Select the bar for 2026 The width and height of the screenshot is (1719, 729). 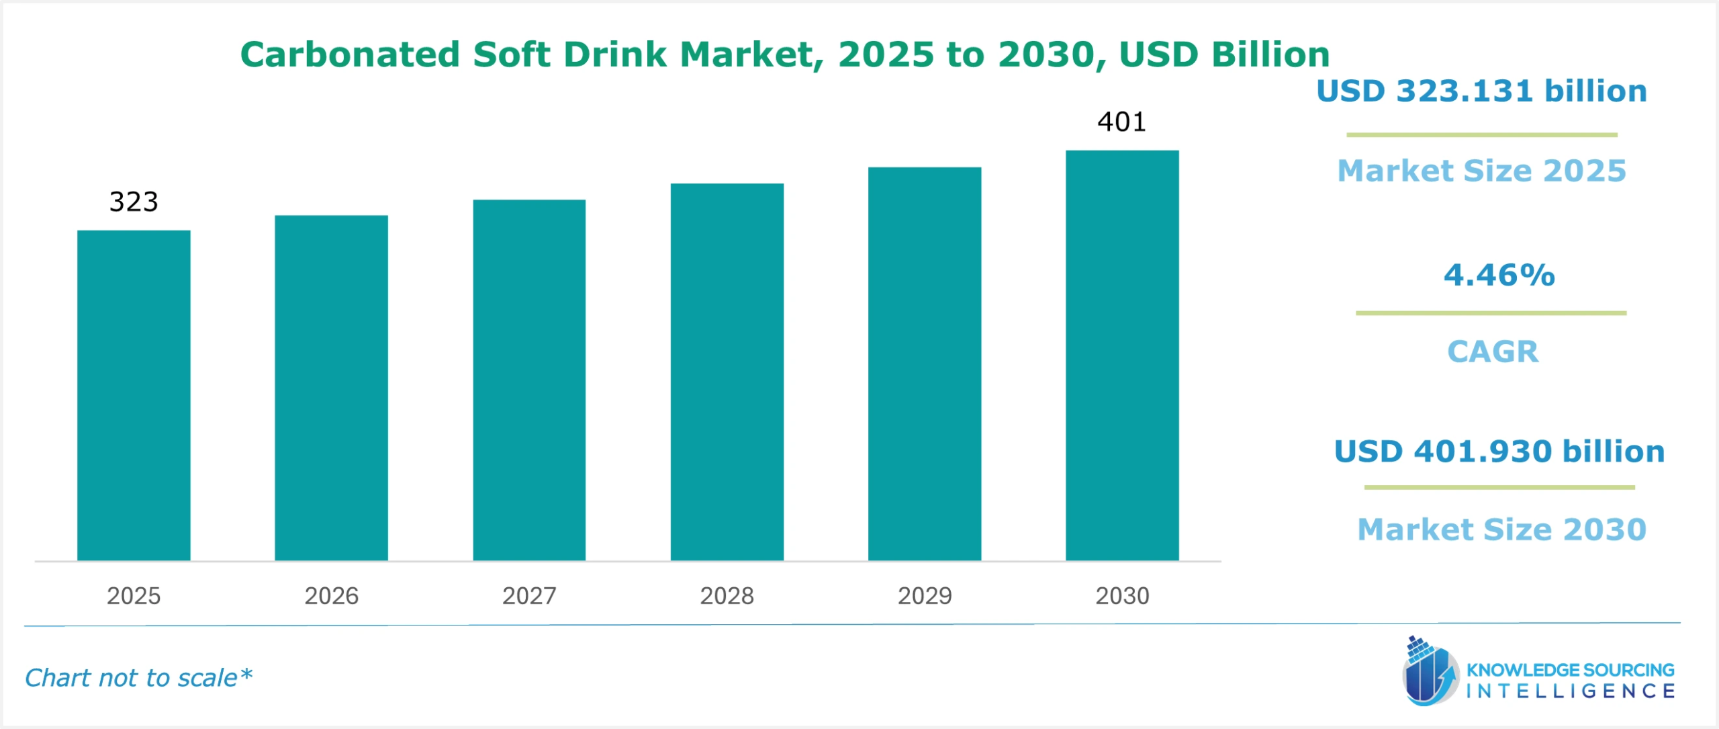[x=331, y=388]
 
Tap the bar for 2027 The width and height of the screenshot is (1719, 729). [x=529, y=380]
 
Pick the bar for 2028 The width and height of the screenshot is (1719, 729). [x=727, y=372]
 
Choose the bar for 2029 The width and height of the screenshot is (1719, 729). [x=925, y=363]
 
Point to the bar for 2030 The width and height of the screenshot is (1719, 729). [x=1122, y=355]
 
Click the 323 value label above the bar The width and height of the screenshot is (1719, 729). [x=134, y=202]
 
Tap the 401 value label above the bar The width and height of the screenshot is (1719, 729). [x=1121, y=122]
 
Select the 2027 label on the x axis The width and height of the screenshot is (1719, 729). [x=529, y=596]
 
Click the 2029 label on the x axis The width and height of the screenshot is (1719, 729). [x=925, y=596]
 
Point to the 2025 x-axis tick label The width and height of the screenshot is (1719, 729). [x=134, y=596]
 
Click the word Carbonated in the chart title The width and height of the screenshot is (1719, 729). [x=350, y=54]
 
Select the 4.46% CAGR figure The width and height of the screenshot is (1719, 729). [x=1499, y=275]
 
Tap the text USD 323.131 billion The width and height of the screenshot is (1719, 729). [x=1481, y=91]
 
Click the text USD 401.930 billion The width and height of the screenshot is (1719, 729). [x=1499, y=451]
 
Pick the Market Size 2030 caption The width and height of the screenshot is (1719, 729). [x=1501, y=529]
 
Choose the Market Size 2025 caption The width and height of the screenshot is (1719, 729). [x=1481, y=171]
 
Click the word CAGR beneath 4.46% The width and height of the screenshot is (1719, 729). [x=1492, y=351]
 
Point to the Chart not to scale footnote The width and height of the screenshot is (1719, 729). [x=138, y=678]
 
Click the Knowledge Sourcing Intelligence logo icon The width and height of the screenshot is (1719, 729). [x=1429, y=672]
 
